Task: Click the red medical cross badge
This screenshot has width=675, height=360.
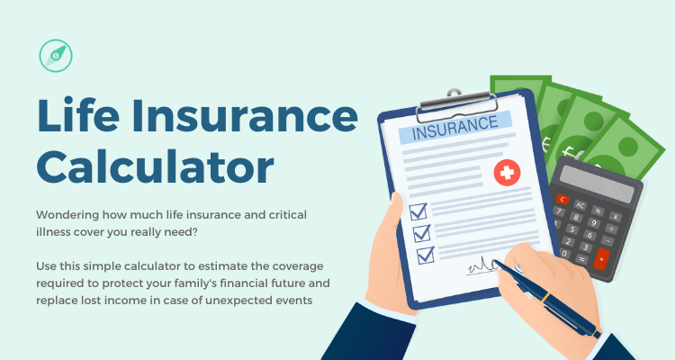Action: pyautogui.click(x=507, y=172)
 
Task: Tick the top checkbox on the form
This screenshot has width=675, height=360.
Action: pyautogui.click(x=418, y=211)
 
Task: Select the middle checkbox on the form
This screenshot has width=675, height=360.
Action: pyautogui.click(x=421, y=233)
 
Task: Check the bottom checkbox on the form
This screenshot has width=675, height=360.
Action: pyautogui.click(x=425, y=255)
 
